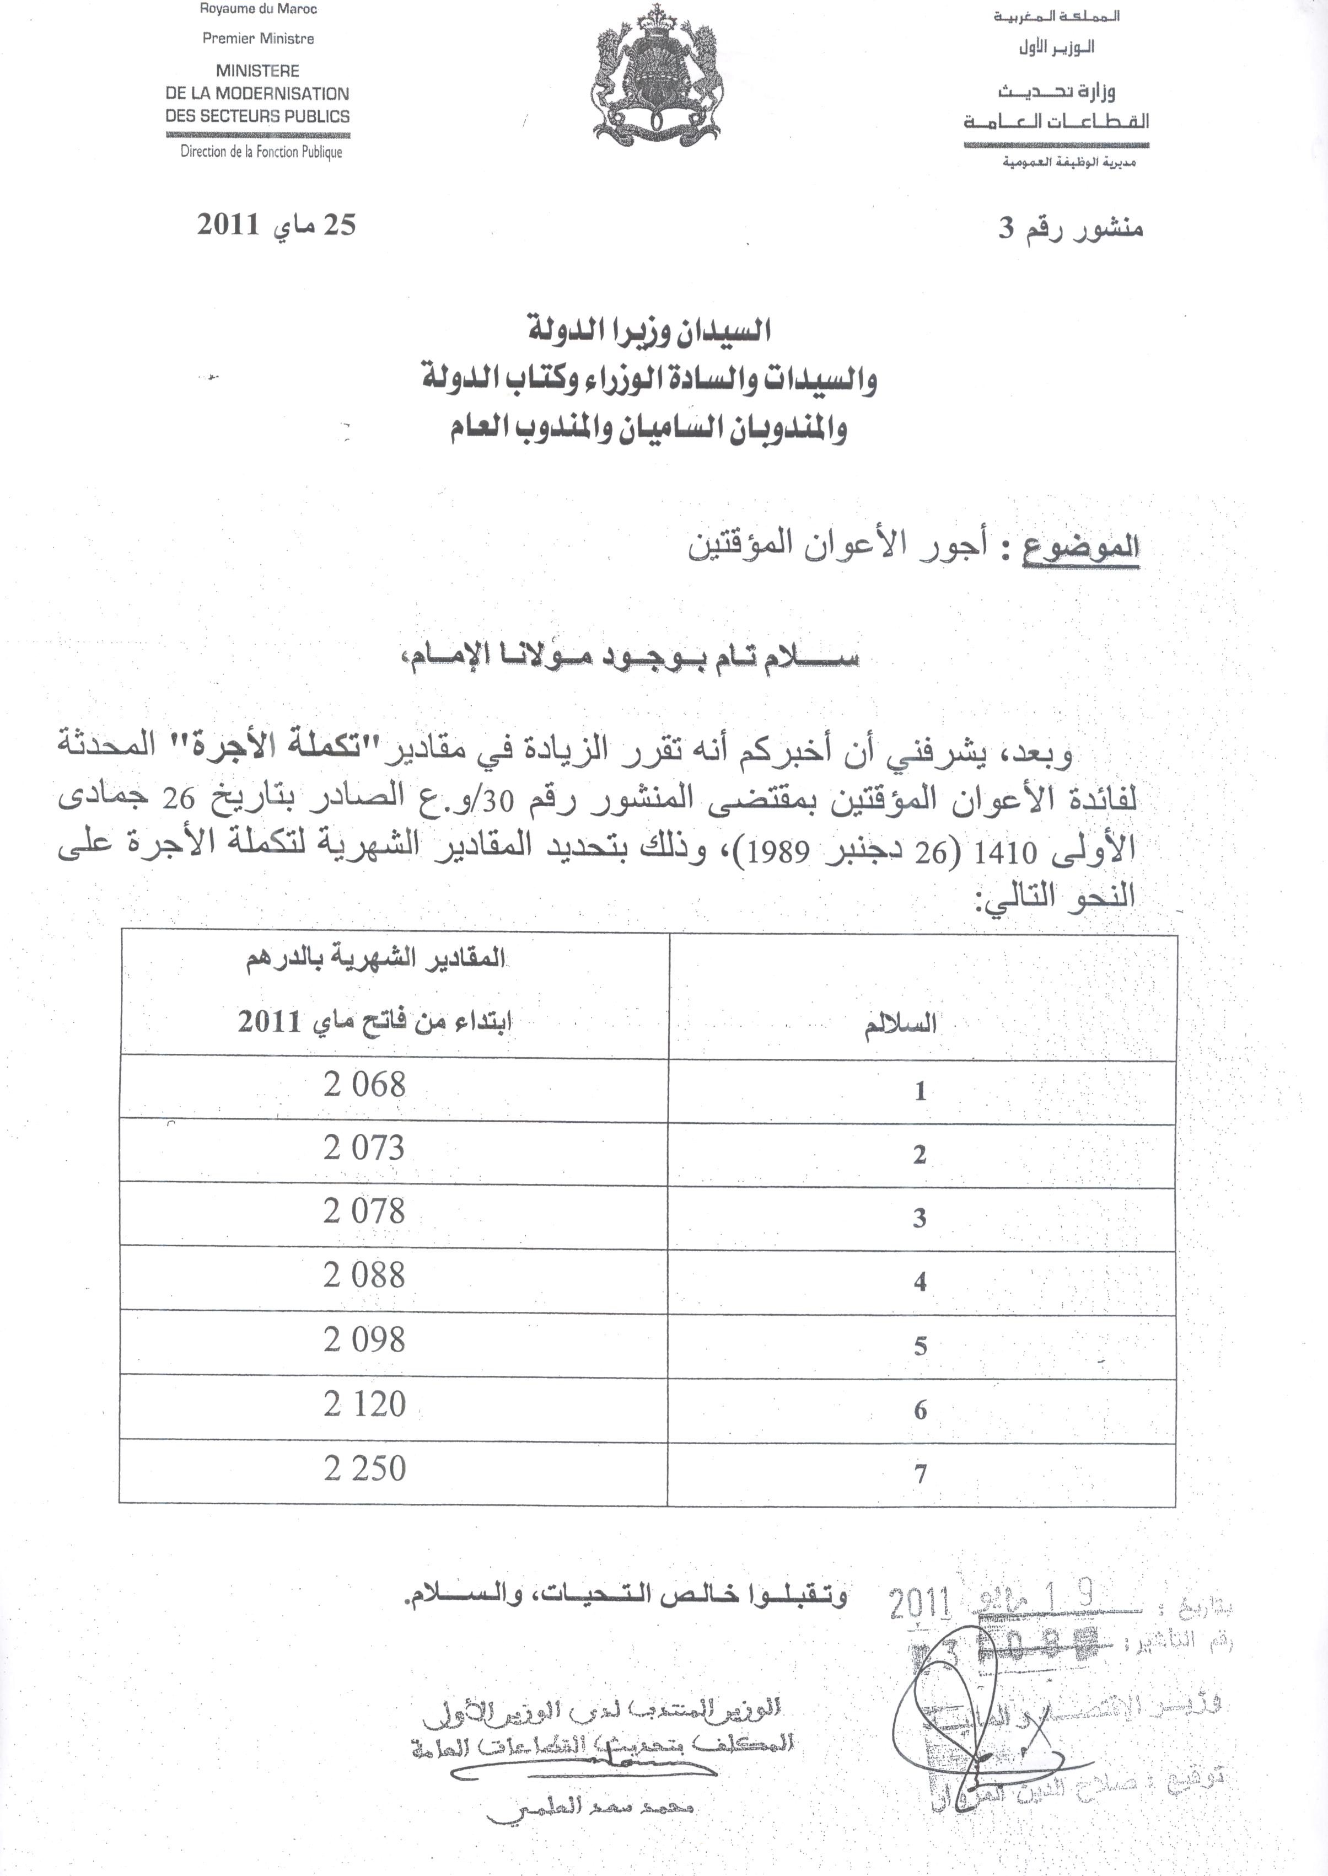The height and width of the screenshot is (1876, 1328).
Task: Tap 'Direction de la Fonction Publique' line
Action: (261, 152)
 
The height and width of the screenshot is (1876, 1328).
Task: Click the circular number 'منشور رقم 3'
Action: (1071, 229)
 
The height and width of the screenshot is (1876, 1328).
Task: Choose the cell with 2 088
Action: (365, 1275)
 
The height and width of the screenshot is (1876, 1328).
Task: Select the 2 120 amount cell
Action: (365, 1404)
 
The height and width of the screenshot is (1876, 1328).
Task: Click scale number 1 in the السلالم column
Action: (921, 1091)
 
